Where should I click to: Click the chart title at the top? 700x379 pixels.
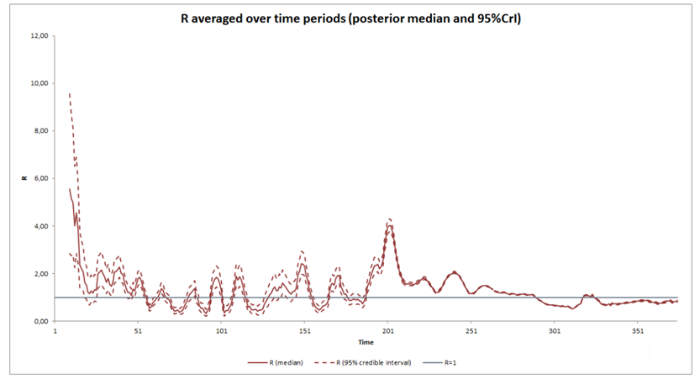(x=350, y=18)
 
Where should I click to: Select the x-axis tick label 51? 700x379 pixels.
(x=138, y=331)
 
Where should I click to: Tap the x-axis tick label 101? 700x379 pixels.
(x=221, y=331)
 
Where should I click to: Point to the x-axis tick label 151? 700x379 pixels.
(x=304, y=331)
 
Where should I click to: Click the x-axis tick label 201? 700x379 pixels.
(x=387, y=331)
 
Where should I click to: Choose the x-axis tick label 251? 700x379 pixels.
(x=471, y=331)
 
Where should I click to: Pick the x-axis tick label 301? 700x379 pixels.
(x=554, y=331)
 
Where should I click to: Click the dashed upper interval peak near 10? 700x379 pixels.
(x=69, y=93)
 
